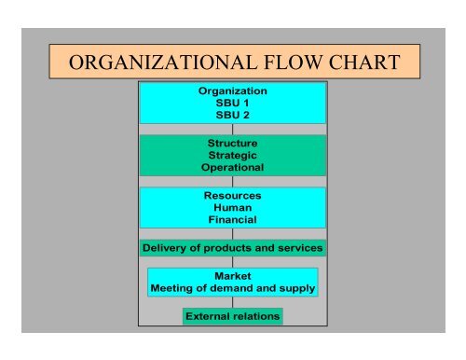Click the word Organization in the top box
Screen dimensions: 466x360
coord(233,90)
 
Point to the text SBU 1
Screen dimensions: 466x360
coord(233,103)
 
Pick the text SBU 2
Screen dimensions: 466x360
coord(233,115)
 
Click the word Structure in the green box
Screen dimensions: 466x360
coord(233,143)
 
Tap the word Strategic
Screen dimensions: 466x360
coord(233,155)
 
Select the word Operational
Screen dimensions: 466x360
coord(233,168)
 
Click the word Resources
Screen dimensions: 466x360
coord(233,196)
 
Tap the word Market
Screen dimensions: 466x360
coord(233,276)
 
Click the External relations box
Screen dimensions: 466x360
coord(233,316)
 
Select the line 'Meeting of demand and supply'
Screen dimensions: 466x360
coord(233,288)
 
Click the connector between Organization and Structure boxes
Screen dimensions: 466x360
coord(233,130)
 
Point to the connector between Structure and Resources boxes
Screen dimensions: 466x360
coord(233,182)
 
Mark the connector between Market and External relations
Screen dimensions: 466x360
coord(233,302)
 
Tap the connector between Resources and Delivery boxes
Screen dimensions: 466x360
coord(233,234)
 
